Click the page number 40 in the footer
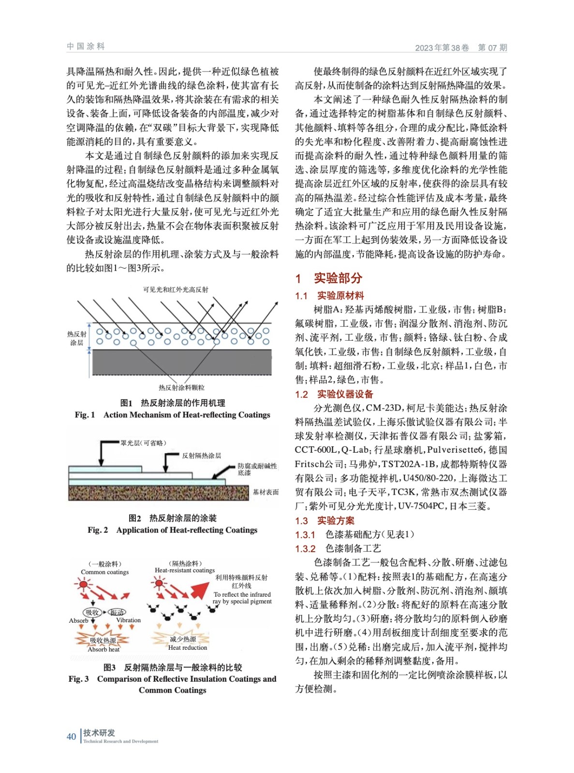71,736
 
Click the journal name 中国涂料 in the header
86,46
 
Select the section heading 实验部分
338,278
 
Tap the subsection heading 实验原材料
340,296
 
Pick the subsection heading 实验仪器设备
345,394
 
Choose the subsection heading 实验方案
336,520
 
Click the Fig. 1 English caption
172,415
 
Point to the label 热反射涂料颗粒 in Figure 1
181,387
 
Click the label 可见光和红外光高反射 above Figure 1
176,289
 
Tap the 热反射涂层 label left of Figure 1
76,338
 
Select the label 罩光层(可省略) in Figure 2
143,443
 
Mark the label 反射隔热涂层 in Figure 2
201,456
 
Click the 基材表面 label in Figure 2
265,492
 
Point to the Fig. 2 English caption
172,530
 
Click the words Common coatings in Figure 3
105,572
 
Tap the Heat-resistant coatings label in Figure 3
185,570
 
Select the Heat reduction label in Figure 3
188,647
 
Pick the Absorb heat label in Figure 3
103,649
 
